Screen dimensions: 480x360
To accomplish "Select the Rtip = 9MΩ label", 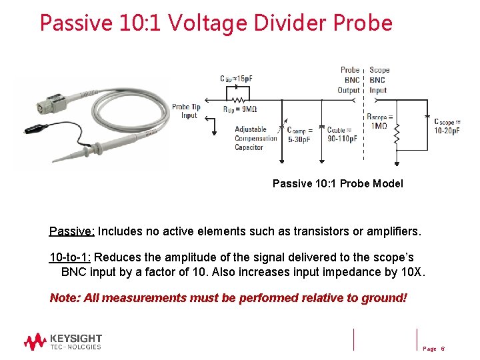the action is [239, 109].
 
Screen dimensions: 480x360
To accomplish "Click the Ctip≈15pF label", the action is [236, 79].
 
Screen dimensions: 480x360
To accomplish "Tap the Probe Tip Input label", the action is [186, 111].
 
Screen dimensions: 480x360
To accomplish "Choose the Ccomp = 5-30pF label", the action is [300, 135].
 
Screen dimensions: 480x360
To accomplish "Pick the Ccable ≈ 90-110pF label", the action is [342, 135].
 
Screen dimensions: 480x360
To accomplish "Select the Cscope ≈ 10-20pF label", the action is [447, 126].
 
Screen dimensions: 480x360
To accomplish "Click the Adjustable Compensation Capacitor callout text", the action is [255, 138].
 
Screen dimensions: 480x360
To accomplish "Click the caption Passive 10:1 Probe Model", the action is [337, 183].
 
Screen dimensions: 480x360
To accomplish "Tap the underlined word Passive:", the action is [72, 232].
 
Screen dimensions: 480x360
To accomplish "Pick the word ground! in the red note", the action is [383, 298].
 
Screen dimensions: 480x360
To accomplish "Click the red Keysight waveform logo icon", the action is [35, 342].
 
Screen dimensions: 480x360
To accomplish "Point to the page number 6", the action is [442, 349].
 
